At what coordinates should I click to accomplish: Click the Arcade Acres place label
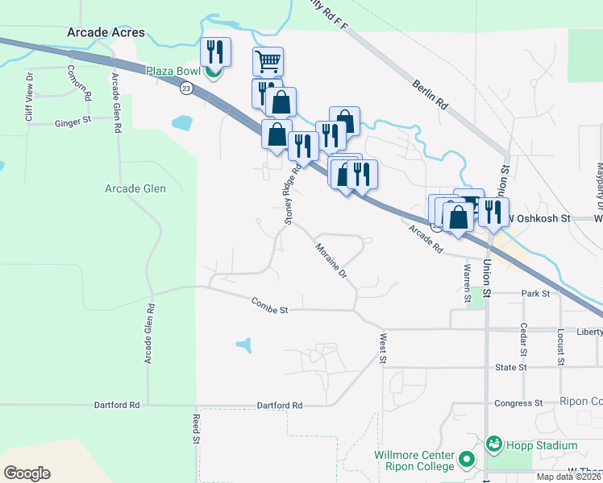[106, 33]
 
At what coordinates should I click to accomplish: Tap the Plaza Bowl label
[172, 70]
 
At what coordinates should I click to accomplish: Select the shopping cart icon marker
[268, 60]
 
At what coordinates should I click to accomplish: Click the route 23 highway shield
[187, 87]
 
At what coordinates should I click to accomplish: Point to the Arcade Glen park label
[135, 189]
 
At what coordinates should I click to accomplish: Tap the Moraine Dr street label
[331, 261]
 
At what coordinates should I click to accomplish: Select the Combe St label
[269, 304]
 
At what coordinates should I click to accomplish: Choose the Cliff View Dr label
[29, 97]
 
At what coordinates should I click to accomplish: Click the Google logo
[27, 473]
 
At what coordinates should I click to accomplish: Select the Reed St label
[196, 429]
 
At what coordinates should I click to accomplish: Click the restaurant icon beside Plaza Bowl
[215, 52]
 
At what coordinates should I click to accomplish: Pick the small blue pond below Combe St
[244, 346]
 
